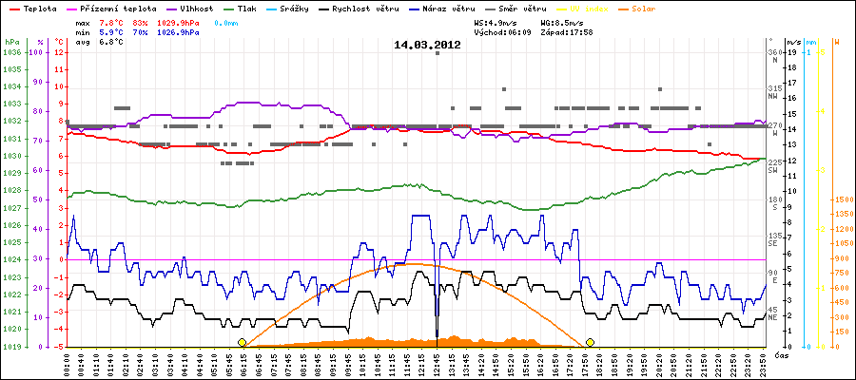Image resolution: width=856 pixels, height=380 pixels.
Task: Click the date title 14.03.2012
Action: pos(427,45)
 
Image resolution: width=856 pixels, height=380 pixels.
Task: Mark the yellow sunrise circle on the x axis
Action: pos(243,342)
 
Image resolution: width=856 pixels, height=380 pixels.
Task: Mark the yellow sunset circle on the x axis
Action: pos(591,342)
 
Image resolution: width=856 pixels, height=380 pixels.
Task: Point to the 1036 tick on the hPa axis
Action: pos(11,52)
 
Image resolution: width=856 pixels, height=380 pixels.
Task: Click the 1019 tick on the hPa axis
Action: pos(11,347)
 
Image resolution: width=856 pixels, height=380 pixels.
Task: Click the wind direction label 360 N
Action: pos(775,56)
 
